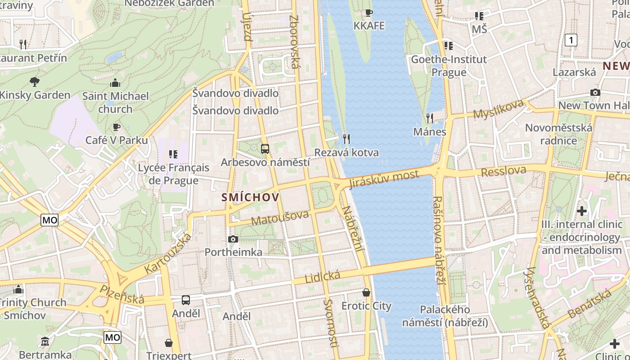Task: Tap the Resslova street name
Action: (504, 171)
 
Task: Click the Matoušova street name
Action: (280, 217)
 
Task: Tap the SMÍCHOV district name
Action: (250, 197)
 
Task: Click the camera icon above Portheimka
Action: (233, 239)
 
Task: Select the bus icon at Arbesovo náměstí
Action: (265, 149)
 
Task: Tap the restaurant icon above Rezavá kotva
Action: (346, 139)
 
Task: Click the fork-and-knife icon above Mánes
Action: (430, 118)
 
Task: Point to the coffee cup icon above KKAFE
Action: (369, 13)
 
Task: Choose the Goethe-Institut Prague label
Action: (449, 66)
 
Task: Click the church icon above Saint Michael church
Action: (115, 83)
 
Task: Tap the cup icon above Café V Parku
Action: (117, 127)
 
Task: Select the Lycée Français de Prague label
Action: (173, 174)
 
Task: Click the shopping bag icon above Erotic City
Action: (366, 292)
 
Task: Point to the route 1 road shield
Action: (571, 40)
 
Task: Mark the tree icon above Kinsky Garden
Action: (35, 81)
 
